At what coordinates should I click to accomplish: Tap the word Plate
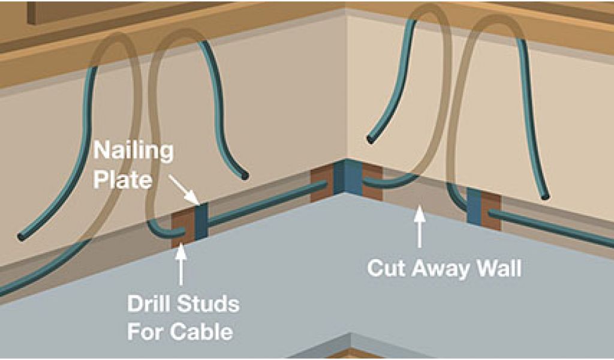pos(122,178)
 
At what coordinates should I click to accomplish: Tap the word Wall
pos(500,268)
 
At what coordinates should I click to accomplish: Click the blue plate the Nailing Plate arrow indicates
pos(200,222)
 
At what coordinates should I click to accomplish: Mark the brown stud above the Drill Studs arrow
pos(180,227)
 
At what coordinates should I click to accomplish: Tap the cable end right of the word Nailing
pos(245,176)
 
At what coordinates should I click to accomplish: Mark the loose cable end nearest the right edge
pos(544,197)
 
